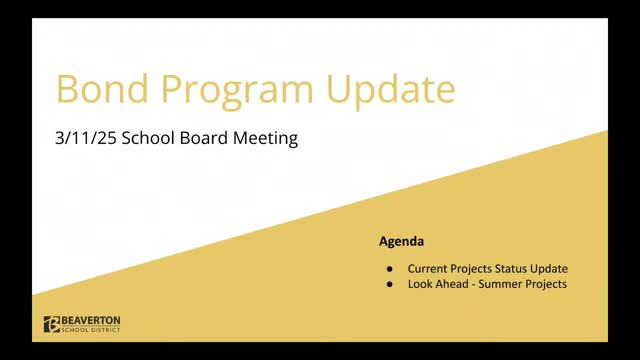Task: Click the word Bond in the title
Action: coord(102,89)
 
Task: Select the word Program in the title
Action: coord(237,92)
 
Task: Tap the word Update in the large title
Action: coord(391,92)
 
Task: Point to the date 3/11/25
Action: coord(86,138)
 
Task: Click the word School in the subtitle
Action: coord(148,138)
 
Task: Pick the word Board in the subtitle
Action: coord(204,138)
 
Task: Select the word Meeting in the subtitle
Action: coord(265,139)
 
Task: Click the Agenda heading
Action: coord(402,241)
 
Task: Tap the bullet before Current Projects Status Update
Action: coord(390,269)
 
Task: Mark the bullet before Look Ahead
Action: coord(390,284)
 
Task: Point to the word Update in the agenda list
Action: coord(549,269)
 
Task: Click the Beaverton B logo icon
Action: coord(52,324)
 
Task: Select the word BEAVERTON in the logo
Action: coord(91,320)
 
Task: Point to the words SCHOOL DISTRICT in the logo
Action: coord(91,330)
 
